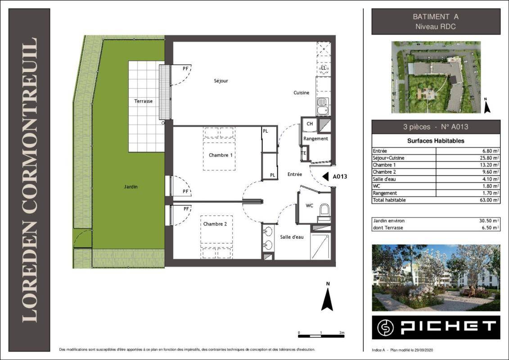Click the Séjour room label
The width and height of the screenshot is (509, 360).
pyautogui.click(x=221, y=81)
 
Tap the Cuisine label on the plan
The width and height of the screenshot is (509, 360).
pyautogui.click(x=301, y=93)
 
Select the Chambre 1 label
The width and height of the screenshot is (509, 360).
pyautogui.click(x=221, y=155)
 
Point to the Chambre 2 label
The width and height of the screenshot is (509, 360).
pyautogui.click(x=215, y=224)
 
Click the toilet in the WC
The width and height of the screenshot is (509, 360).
pyautogui.click(x=324, y=212)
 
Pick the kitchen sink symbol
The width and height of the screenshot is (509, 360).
pyautogui.click(x=323, y=106)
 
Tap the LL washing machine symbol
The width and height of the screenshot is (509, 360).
pyautogui.click(x=324, y=68)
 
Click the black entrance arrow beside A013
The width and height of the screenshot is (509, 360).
pyautogui.click(x=325, y=176)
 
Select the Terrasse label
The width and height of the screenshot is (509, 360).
pyautogui.click(x=144, y=101)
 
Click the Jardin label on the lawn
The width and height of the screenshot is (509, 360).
pyautogui.click(x=131, y=187)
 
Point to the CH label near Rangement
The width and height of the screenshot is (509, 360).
pyautogui.click(x=310, y=124)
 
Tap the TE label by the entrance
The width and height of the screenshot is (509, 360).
pyautogui.click(x=304, y=153)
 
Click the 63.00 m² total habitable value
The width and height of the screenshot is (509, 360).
pyautogui.click(x=489, y=200)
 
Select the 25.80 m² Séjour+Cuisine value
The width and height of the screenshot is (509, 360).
pyautogui.click(x=489, y=158)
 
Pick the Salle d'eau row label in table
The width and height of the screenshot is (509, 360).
pyautogui.click(x=384, y=179)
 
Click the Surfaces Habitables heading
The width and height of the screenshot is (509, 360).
pyautogui.click(x=436, y=141)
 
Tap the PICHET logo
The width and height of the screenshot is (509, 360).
pyautogui.click(x=436, y=327)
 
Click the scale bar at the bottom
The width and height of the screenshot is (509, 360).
pyautogui.click(x=321, y=336)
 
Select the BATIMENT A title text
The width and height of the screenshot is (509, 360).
pyautogui.click(x=436, y=17)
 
